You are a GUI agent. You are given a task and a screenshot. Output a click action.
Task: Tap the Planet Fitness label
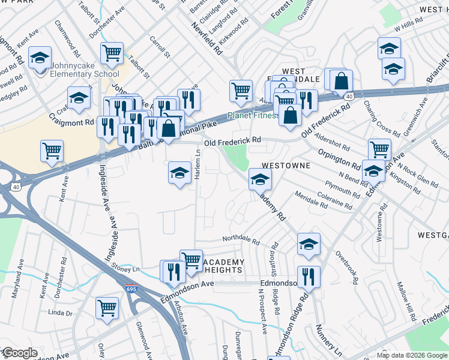pyautogui.click(x=252, y=115)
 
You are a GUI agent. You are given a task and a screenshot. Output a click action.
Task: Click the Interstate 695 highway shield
pyautogui.click(x=131, y=289)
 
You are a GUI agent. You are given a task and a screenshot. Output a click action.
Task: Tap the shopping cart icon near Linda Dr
pyautogui.click(x=107, y=308)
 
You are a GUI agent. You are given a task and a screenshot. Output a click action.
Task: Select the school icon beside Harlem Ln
pyautogui.click(x=179, y=173)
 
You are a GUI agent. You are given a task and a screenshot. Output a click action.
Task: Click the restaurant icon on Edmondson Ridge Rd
pyautogui.click(x=309, y=277)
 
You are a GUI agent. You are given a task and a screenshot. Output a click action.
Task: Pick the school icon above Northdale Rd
pyautogui.click(x=309, y=244)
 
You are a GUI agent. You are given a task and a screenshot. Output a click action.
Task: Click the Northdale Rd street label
pyautogui.click(x=241, y=241)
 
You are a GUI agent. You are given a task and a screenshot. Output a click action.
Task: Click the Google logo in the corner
pyautogui.click(x=19, y=353)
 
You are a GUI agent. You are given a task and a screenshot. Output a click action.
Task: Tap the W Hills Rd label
pyautogui.click(x=409, y=28)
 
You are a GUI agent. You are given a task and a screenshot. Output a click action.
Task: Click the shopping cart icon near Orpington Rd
pyautogui.click(x=379, y=149)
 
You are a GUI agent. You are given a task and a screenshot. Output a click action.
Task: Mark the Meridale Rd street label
pyautogui.click(x=310, y=200)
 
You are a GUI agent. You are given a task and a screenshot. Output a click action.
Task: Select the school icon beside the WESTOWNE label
pyautogui.click(x=260, y=179)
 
